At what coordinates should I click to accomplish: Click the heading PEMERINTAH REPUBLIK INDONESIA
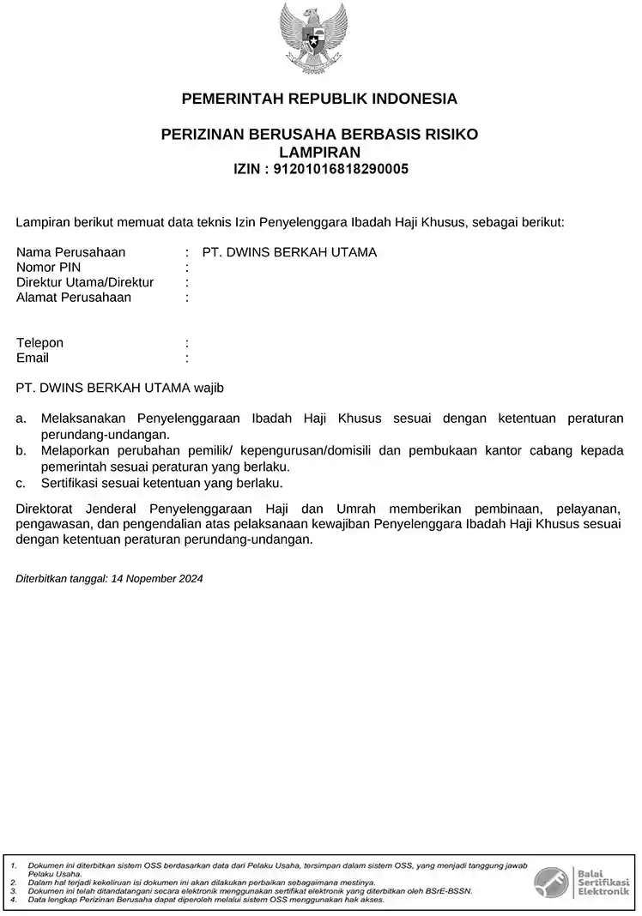319,99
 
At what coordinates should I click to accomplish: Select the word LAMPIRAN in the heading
319,152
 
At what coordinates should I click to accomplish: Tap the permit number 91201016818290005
340,169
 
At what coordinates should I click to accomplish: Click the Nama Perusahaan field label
71,252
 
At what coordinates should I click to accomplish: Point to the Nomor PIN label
48,268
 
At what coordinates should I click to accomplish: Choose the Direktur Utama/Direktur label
85,282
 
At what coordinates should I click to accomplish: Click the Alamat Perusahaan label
74,298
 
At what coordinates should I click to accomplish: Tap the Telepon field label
39,343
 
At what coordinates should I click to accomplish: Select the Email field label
33,358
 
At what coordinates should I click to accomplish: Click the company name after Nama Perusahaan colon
289,252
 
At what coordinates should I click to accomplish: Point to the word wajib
209,388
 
